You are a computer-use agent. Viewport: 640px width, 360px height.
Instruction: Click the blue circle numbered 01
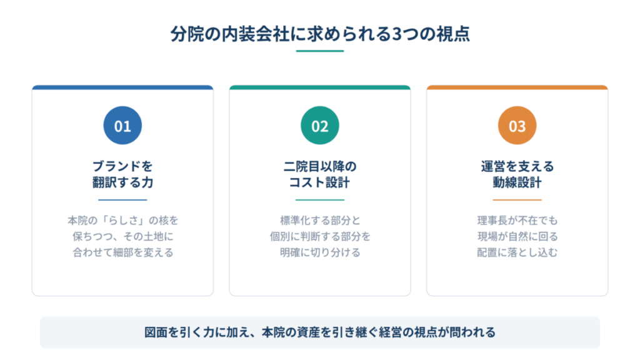coord(122,125)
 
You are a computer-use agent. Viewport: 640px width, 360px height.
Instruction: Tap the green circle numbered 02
coord(320,125)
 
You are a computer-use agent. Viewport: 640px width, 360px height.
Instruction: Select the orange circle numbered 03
coord(517,125)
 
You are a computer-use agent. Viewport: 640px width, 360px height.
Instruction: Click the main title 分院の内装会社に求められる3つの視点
coord(320,34)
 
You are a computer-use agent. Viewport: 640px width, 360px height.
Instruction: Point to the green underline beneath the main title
coord(320,51)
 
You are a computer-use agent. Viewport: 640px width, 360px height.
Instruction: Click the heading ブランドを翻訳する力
coord(122,174)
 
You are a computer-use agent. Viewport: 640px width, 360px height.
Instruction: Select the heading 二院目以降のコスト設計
coord(320,174)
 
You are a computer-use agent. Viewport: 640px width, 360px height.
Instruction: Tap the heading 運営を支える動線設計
coord(517,174)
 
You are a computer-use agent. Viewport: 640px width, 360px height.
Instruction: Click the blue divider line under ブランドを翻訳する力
coord(122,200)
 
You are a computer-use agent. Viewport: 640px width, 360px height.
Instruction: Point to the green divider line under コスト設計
coord(320,200)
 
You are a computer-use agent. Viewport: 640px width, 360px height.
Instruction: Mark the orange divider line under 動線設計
coord(517,200)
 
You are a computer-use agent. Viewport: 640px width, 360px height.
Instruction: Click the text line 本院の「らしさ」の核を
coord(123,221)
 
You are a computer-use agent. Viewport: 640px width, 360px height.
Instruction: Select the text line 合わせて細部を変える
coord(123,252)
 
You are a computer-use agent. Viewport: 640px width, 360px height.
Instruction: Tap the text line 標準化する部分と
coord(320,221)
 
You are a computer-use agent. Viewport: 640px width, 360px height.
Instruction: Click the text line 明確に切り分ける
coord(320,252)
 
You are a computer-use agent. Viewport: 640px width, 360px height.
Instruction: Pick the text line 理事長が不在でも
coord(517,221)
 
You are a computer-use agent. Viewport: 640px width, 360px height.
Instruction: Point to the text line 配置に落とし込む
coord(517,252)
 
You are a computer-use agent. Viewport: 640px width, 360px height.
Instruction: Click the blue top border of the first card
coord(122,87)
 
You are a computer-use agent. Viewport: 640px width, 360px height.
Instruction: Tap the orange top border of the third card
coord(517,87)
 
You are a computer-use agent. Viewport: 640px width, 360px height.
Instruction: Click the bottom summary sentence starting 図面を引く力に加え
coord(320,332)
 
